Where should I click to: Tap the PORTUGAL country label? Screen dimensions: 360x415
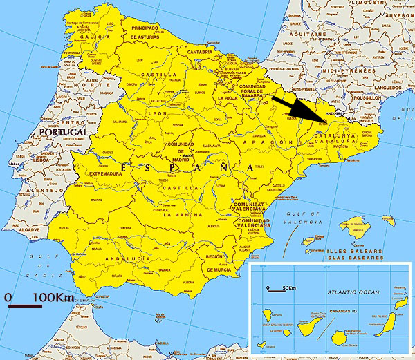pyautogui.click(x=64, y=132)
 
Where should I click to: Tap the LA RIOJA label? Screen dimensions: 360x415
pyautogui.click(x=228, y=98)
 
